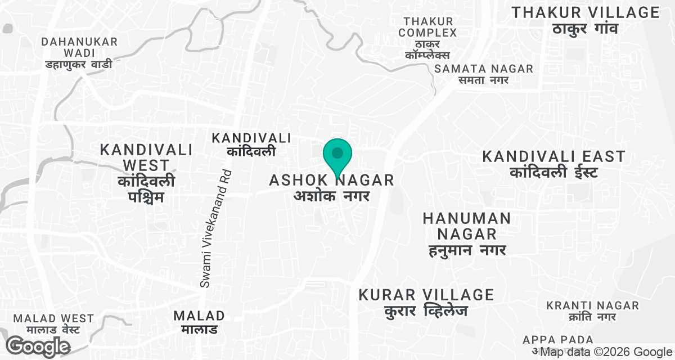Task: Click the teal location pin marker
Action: pos(337,156)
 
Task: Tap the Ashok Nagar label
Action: pos(332,181)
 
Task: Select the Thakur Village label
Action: pos(586,12)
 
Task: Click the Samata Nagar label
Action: pos(484,69)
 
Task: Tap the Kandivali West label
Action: pos(146,157)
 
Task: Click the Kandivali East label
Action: pos(553,156)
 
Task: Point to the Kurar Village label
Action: pos(426,295)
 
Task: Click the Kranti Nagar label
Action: pos(593,305)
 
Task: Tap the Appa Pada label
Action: pos(558,340)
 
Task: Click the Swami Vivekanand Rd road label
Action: pos(216,228)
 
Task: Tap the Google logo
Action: pos(38,346)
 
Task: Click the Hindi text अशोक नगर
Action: pos(332,196)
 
